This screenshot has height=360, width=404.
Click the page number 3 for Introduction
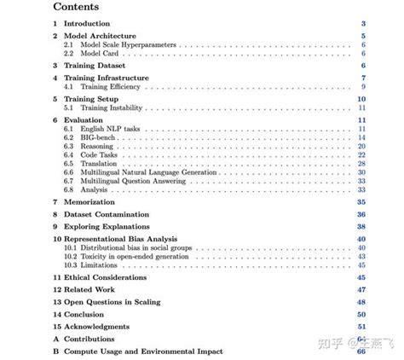click(x=363, y=25)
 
